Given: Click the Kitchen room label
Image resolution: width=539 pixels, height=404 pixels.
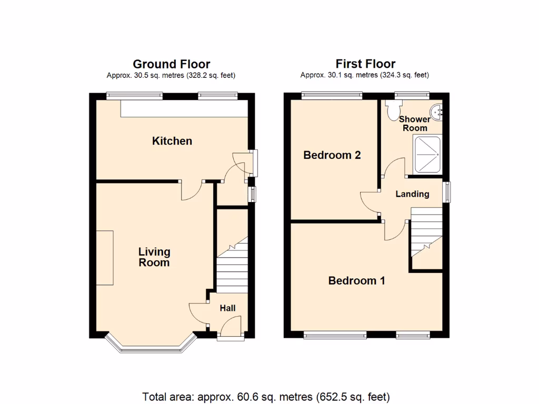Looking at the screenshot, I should point(172,141).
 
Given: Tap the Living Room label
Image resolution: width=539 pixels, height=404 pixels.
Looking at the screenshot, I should point(154,257).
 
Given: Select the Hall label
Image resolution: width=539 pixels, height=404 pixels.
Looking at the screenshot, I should point(227,308).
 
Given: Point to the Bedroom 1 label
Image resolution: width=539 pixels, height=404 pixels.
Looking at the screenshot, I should point(356,280).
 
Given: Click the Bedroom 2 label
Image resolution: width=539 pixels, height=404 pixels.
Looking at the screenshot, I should point(332,155).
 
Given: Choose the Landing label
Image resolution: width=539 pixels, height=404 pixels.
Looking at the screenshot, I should point(412,194).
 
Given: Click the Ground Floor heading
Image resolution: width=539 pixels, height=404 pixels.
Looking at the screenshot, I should point(171,64).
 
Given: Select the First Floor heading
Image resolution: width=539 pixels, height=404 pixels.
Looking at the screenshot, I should point(365,64).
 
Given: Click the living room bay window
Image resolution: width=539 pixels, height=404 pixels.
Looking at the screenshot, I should point(151,347).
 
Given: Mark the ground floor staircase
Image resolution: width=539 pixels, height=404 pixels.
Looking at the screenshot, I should point(232,266).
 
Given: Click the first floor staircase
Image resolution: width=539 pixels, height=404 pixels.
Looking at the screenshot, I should point(425,231).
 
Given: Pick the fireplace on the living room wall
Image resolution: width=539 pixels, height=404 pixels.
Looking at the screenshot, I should point(105,257).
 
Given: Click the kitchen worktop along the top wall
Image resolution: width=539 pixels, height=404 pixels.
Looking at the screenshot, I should point(183,109).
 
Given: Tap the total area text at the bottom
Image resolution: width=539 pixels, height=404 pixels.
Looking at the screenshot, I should point(266,397).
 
